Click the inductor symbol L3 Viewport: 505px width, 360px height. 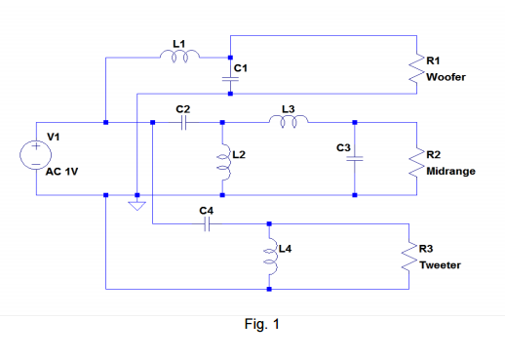coord(289,123)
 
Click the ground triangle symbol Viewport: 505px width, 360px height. coord(137,205)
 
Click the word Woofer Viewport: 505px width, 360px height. coord(446,77)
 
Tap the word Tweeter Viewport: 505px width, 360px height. coord(440,264)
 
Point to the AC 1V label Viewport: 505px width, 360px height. coord(63,173)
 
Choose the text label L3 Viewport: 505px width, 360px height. coord(288,108)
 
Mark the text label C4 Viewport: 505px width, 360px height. coord(205,210)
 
